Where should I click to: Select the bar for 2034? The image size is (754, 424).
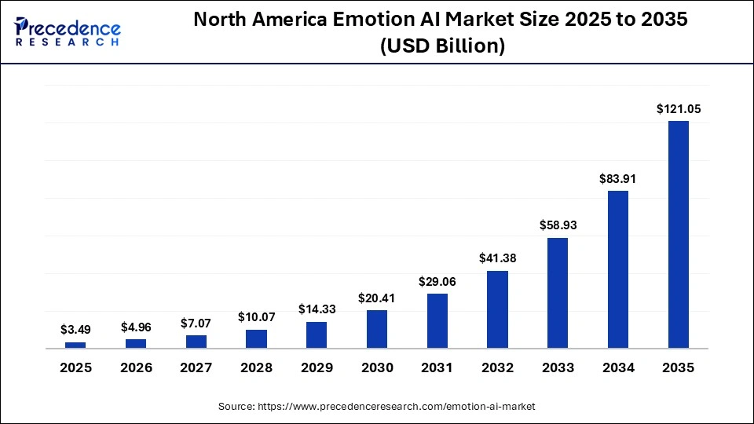pyautogui.click(x=617, y=269)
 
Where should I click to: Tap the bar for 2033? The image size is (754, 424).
pyautogui.click(x=558, y=293)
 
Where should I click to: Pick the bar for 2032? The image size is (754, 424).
pyautogui.click(x=497, y=309)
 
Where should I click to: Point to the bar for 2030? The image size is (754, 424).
pyautogui.click(x=377, y=329)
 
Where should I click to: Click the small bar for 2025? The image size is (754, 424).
pyautogui.click(x=75, y=345)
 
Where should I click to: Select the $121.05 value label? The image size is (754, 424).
pyautogui.click(x=679, y=109)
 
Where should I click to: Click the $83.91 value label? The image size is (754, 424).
pyautogui.click(x=617, y=179)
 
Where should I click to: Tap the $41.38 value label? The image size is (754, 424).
pyautogui.click(x=497, y=258)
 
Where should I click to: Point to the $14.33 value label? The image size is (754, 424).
pyautogui.click(x=317, y=309)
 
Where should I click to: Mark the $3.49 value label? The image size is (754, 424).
pyautogui.click(x=75, y=330)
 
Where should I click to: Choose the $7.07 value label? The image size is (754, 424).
pyautogui.click(x=196, y=323)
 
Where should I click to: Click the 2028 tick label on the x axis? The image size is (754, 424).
pyautogui.click(x=256, y=368)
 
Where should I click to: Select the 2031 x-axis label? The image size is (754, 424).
pyautogui.click(x=437, y=368)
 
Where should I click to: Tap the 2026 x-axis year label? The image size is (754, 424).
pyautogui.click(x=136, y=368)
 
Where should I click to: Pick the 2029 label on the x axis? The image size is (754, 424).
pyautogui.click(x=317, y=368)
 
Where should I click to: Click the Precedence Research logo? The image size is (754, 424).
pyautogui.click(x=68, y=31)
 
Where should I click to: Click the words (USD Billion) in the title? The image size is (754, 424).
pyautogui.click(x=441, y=46)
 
